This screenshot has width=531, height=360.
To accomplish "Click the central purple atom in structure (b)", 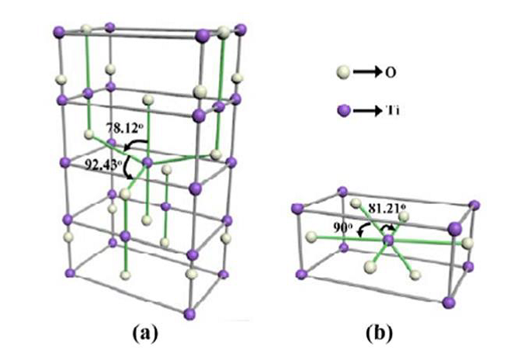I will (389, 241).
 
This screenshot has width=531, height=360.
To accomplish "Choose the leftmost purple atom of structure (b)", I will (296, 207).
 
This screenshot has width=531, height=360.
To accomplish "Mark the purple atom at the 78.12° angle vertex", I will (148, 161).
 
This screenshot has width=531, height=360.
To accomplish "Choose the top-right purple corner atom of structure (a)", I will (247, 29).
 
